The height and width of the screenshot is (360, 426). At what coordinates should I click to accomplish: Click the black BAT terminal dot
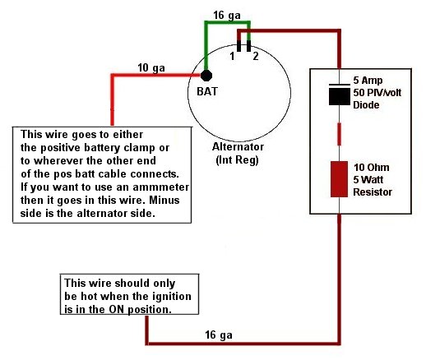click(206, 76)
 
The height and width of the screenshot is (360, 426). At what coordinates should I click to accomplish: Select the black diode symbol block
click(340, 96)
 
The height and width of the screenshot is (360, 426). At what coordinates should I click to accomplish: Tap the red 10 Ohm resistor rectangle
click(339, 179)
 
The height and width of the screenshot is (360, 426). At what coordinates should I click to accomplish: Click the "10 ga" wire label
click(151, 68)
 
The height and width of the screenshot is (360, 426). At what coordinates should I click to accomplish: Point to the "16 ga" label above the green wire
click(227, 16)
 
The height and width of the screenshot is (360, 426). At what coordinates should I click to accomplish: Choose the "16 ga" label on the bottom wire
click(219, 335)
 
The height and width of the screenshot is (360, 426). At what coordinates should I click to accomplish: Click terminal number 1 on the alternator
click(232, 56)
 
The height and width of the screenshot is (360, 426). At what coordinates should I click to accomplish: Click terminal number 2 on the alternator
click(256, 56)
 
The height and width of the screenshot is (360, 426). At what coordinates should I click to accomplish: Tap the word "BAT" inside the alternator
click(207, 91)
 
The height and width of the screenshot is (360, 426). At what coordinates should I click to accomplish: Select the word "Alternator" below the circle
click(238, 147)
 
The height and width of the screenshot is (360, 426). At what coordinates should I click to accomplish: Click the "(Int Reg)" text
click(237, 159)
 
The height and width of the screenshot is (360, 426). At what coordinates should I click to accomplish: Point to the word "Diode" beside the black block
click(366, 104)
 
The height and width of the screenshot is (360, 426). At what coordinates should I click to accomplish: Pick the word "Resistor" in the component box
click(373, 192)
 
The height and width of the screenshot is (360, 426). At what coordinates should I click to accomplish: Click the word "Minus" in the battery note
click(164, 200)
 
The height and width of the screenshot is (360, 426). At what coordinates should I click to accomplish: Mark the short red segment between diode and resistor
click(339, 134)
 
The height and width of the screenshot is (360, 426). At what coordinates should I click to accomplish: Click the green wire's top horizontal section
click(227, 23)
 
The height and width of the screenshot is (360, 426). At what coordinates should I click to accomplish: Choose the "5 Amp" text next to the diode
click(368, 81)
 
